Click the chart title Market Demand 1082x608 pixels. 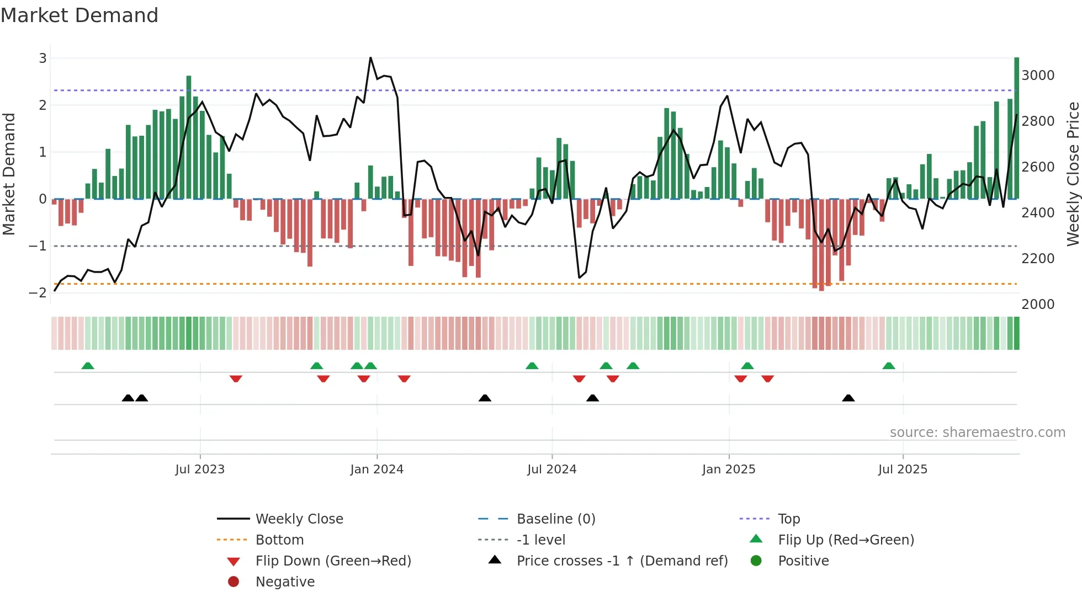coord(79,15)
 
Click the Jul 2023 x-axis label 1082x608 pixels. coord(200,470)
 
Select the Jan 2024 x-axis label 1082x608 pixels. coord(376,470)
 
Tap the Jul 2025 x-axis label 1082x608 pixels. coord(903,470)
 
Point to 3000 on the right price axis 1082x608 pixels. coord(1038,76)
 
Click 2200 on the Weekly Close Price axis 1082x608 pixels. coord(1038,259)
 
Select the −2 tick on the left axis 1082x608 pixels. coord(38,293)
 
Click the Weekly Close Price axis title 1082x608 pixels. coord(1073,174)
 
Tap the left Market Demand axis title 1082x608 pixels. coord(9,174)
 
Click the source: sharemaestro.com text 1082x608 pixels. coord(977,433)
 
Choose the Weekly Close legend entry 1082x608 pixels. coord(299,519)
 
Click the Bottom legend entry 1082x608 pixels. coord(279,540)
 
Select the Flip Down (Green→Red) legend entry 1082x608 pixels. coord(333,561)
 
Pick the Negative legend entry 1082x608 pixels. coord(285,582)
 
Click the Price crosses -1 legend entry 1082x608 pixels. coord(622,561)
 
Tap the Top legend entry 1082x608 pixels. coord(788,519)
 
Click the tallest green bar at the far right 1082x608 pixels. coord(1016,127)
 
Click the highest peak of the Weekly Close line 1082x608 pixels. coord(370,58)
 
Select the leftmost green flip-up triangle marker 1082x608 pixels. coord(88,366)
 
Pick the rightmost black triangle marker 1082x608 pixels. coord(848,398)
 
